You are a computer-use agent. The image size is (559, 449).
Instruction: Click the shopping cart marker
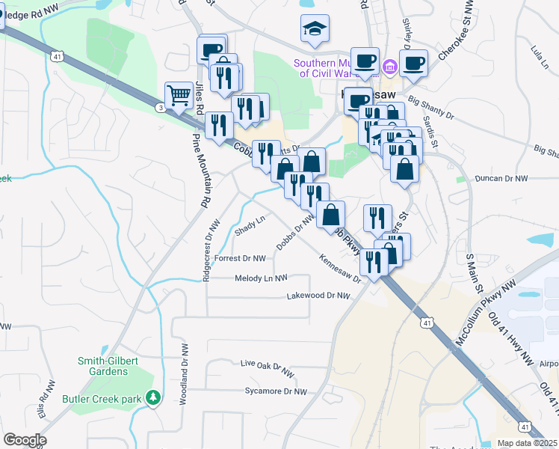pyautogui.click(x=179, y=95)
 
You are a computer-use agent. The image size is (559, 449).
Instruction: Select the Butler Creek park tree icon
pyautogui.click(x=154, y=397)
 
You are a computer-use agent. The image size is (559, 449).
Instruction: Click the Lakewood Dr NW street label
pyautogui.click(x=318, y=296)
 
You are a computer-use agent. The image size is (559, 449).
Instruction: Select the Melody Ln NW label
pyautogui.click(x=262, y=278)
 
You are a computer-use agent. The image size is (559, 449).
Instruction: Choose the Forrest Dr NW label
pyautogui.click(x=240, y=258)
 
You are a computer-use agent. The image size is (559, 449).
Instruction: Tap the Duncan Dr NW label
pyautogui.click(x=501, y=180)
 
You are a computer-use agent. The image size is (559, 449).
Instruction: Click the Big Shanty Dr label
pyautogui.click(x=430, y=105)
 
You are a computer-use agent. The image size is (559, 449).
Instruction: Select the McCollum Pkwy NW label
pyautogui.click(x=487, y=314)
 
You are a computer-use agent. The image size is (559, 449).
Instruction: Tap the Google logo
pyautogui.click(x=25, y=440)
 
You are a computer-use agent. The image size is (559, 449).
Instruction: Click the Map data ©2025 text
pyautogui.click(x=526, y=443)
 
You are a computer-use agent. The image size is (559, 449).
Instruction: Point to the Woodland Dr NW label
pyautogui.click(x=184, y=373)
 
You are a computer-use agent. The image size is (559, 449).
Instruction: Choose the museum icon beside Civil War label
pyautogui.click(x=389, y=68)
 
